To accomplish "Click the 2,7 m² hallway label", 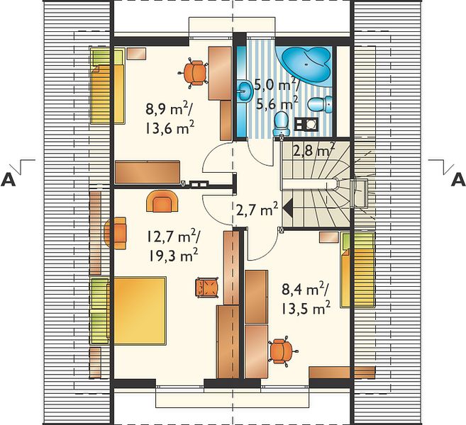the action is [257, 210].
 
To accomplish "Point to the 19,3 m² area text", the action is [172, 255].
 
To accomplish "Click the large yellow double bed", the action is [140, 311].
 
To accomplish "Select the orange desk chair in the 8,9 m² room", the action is [194, 73].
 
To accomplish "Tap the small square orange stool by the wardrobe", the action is [207, 287].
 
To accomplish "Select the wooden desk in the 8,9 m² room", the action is [220, 73].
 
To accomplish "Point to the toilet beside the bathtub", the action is [320, 104].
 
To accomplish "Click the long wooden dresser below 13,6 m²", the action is [148, 172].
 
